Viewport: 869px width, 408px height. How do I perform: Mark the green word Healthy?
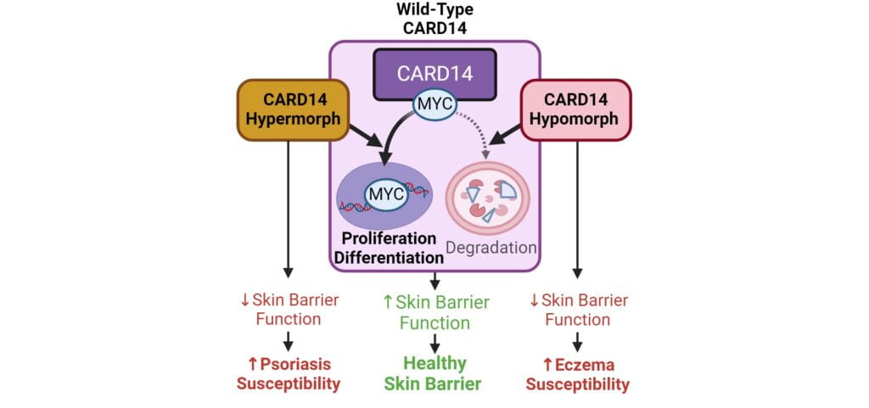pos(434,363)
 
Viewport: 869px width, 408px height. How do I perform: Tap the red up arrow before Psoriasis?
pos(253,364)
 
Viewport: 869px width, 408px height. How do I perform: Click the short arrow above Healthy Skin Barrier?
pos(434,344)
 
